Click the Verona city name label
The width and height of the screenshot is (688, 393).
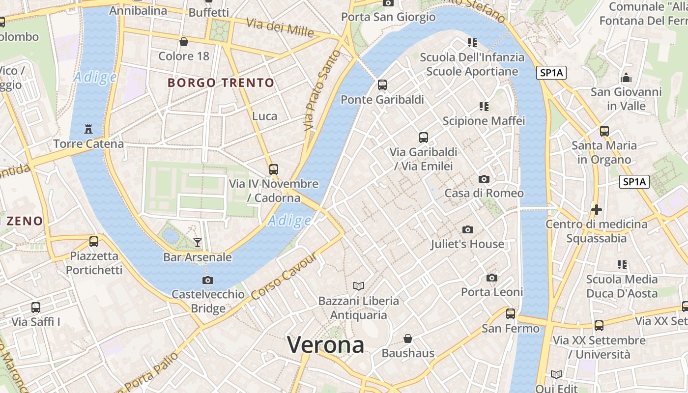point(325,344)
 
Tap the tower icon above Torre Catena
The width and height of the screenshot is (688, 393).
point(88,129)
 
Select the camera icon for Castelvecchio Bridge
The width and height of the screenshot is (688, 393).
point(208,280)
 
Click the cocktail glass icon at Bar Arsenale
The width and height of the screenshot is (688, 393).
point(198,242)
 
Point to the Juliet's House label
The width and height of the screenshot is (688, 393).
point(467,244)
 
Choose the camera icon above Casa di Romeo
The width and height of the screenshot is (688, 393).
point(484,179)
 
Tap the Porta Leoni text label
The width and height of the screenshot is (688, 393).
point(491,292)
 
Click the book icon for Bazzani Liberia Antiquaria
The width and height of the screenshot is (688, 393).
point(359,286)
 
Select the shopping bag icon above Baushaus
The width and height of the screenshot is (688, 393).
point(408,338)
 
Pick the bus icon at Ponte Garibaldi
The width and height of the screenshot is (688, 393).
point(382,85)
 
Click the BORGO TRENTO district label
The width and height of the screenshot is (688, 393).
point(221,83)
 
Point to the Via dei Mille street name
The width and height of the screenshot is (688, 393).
point(280,28)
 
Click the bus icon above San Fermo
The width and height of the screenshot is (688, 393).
point(511,313)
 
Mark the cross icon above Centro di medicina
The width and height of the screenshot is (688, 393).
point(597,210)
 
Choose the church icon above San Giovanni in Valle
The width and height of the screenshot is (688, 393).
point(626,78)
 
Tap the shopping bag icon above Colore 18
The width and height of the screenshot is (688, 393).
point(184,42)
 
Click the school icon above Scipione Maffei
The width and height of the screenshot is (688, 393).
point(484,106)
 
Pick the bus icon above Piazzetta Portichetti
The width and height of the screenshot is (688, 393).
point(94,242)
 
